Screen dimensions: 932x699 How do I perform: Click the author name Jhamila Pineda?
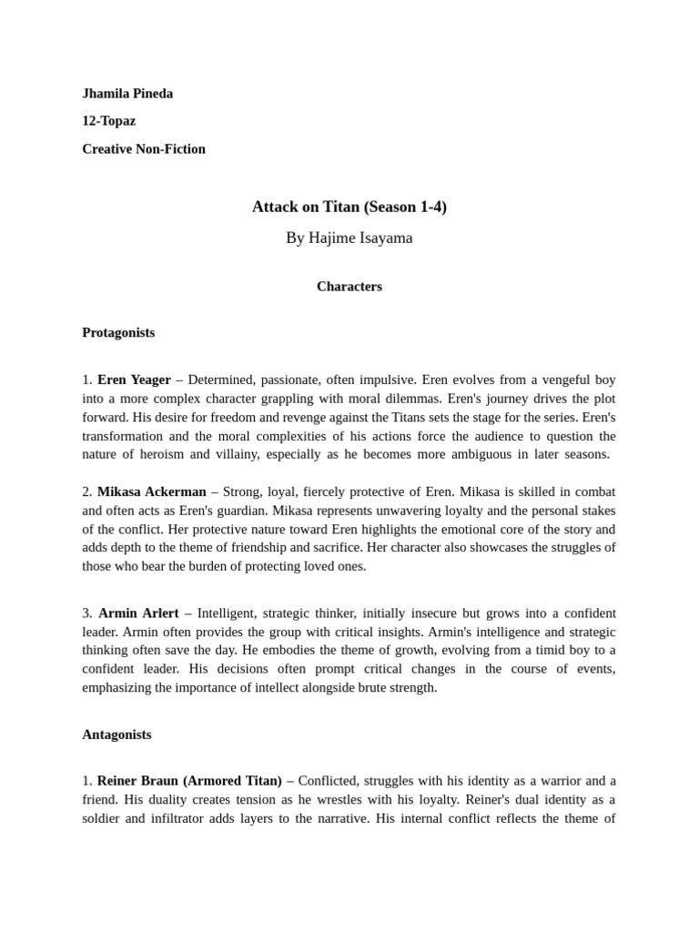[127, 94]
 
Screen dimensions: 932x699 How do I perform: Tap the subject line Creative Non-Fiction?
[144, 148]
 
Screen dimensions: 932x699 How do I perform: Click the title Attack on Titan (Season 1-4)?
[349, 207]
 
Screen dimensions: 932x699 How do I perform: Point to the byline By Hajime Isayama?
[349, 238]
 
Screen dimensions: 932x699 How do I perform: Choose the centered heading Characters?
[349, 286]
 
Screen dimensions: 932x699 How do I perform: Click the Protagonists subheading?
[118, 332]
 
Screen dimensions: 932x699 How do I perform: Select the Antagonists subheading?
[116, 734]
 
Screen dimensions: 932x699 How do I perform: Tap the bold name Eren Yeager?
[134, 380]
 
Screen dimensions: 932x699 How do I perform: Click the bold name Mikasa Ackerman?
[152, 491]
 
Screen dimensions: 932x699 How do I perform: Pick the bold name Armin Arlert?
[138, 613]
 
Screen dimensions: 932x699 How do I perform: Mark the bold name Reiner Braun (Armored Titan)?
[189, 780]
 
